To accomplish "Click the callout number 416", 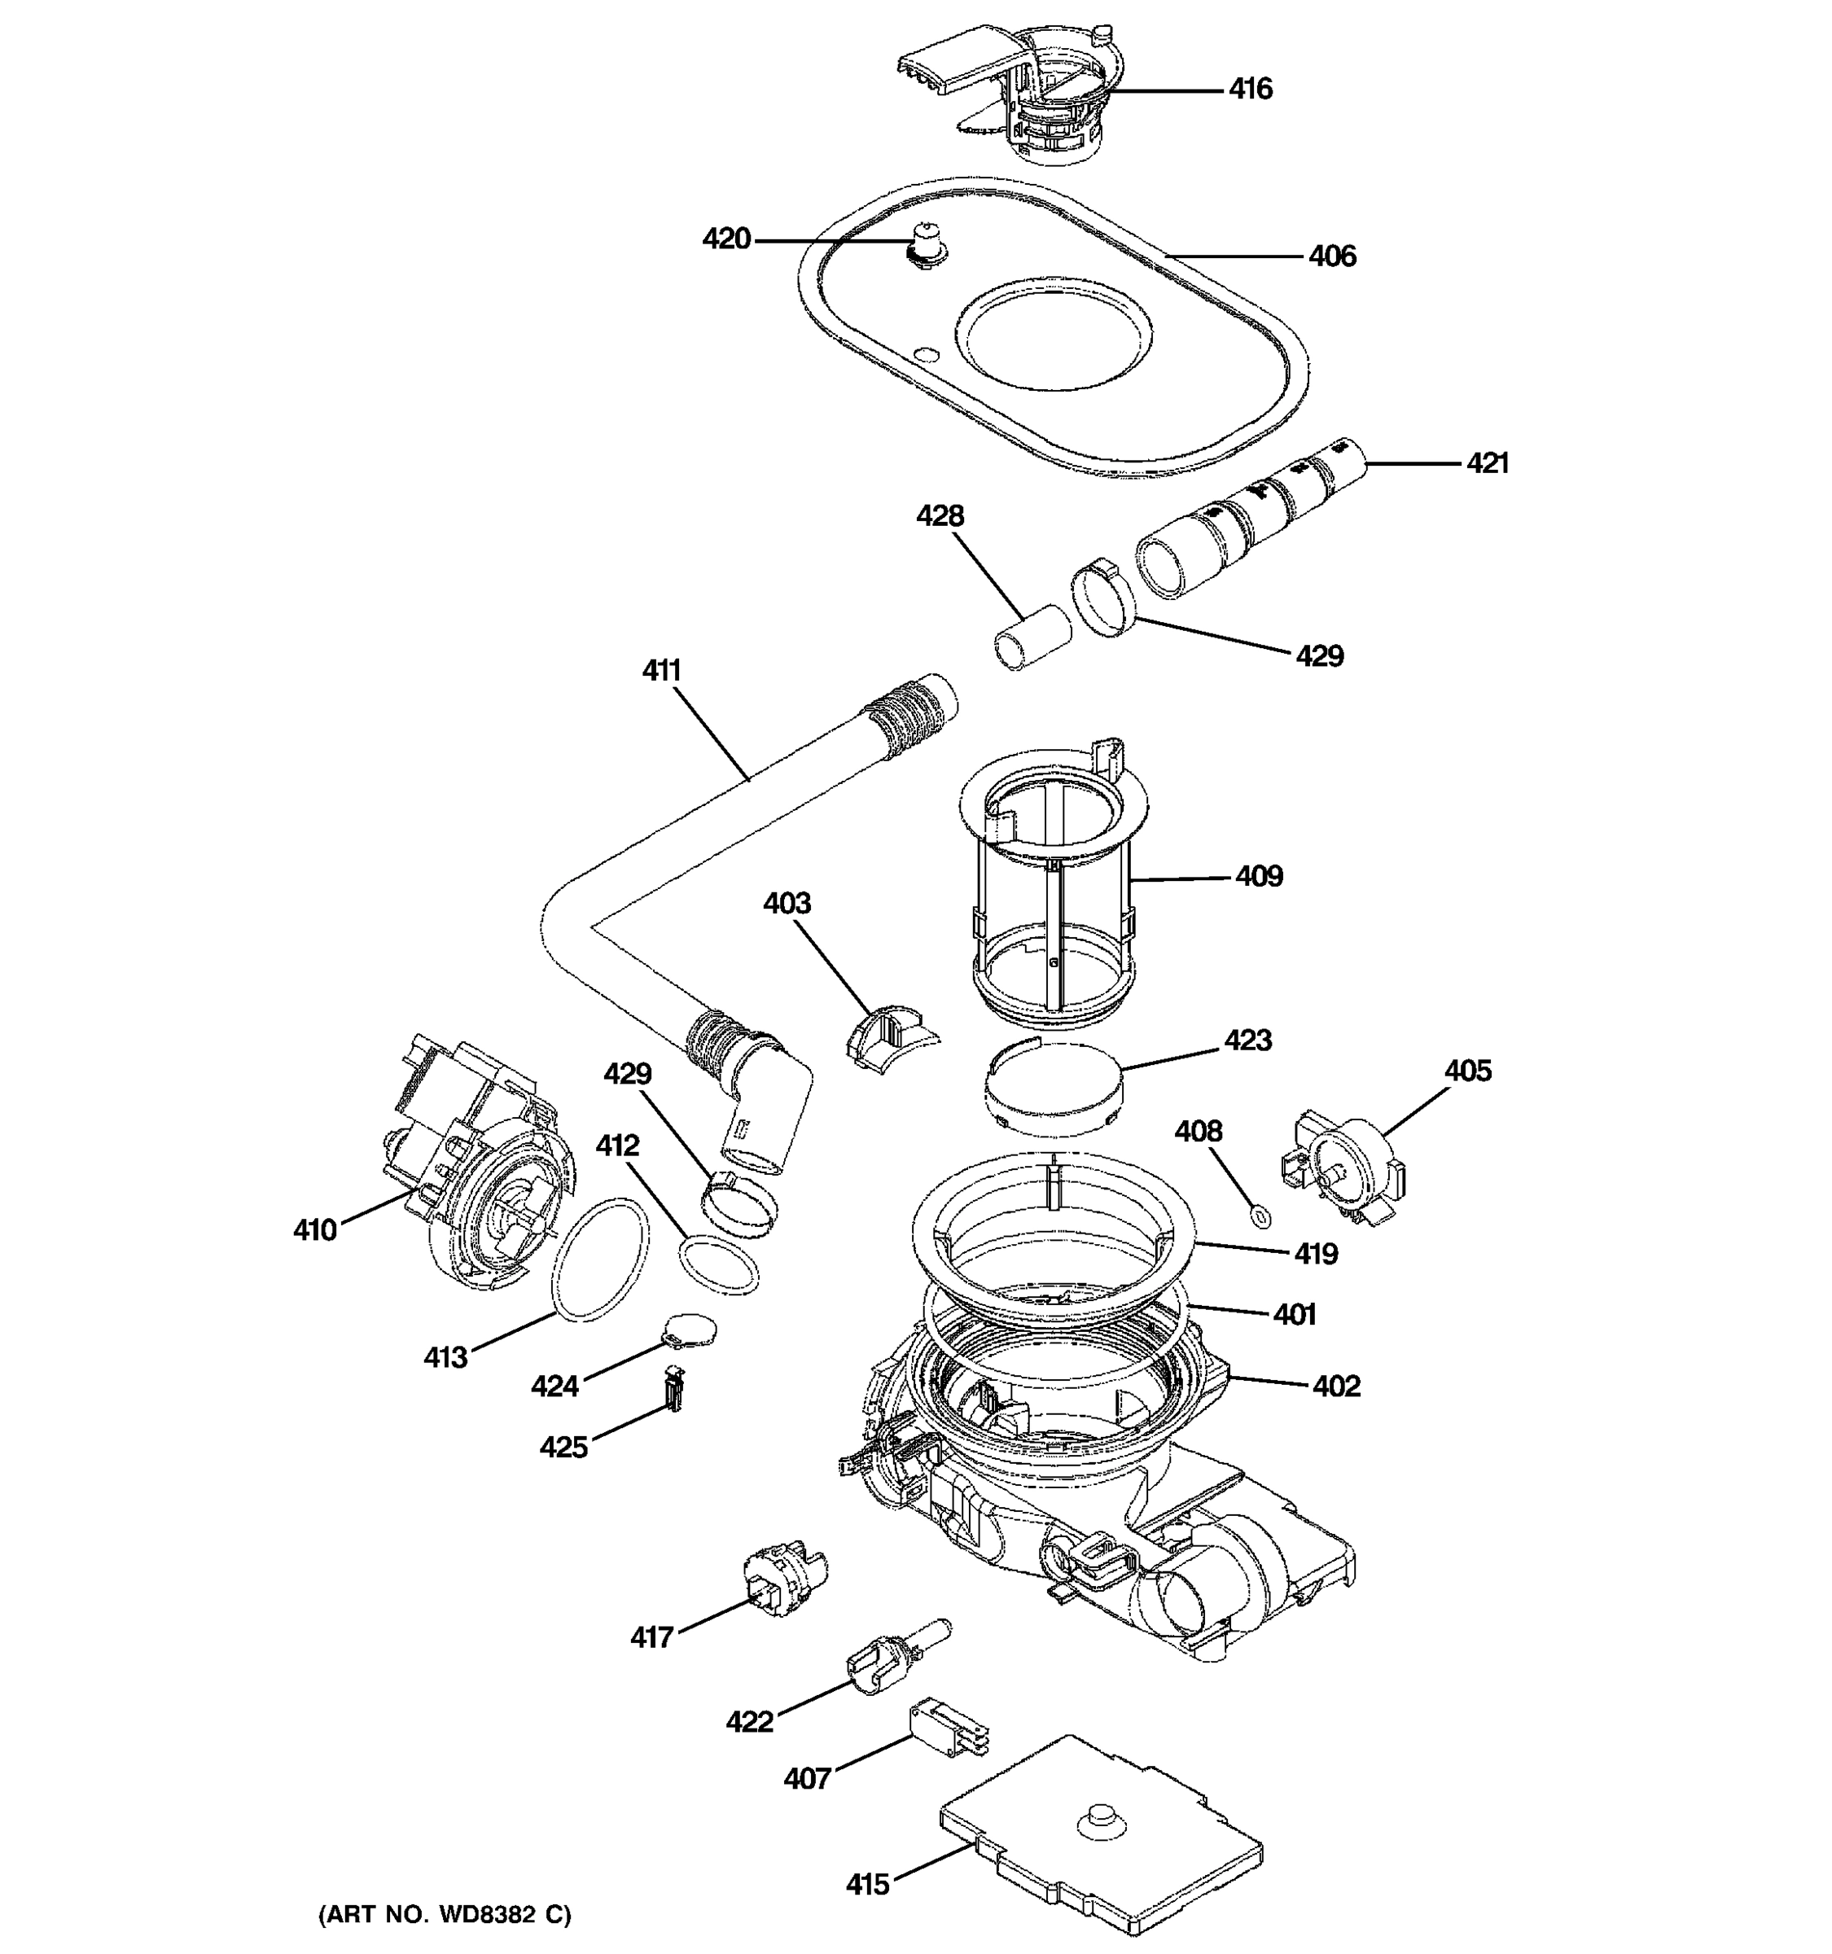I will coord(1250,90).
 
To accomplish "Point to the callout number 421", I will coord(1487,463).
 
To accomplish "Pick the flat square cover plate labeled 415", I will coord(1101,1838).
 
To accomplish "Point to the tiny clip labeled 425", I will coord(674,1390).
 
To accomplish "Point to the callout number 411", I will coord(661,672).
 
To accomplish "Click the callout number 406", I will coord(1332,257).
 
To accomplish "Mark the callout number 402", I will coord(1337,1387).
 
